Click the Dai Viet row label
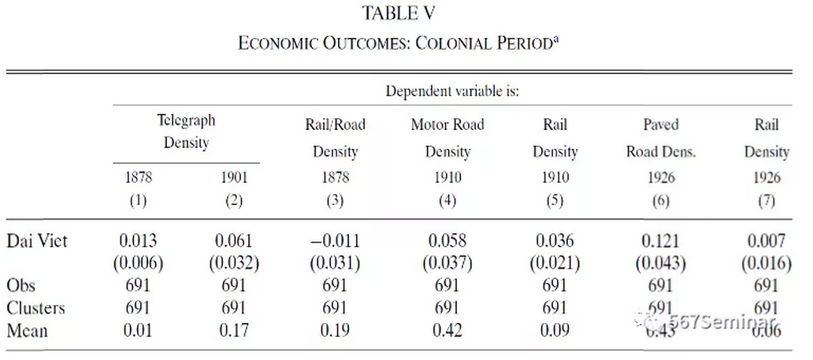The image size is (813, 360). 37,241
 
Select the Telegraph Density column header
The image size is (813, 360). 186,132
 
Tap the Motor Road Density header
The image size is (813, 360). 447,137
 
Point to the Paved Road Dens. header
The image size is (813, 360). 661,137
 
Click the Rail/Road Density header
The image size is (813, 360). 335,137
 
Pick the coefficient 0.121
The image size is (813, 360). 661,241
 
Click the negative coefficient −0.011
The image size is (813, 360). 335,241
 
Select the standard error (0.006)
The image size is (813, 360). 139,263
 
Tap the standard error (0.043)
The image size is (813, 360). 661,263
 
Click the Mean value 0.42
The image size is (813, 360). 447,330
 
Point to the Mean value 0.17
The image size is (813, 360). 233,330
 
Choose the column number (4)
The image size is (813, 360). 447,200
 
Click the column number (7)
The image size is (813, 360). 767,200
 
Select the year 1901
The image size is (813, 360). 233,177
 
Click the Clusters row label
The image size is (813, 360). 35,308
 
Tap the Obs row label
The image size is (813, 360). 21,285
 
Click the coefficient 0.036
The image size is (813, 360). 555,241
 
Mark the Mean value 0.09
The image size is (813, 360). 555,330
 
